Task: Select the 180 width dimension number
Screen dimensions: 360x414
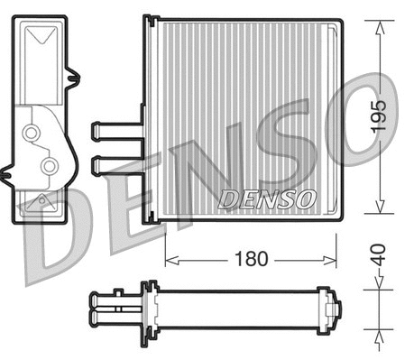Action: point(251,260)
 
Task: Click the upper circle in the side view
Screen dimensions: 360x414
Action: point(32,134)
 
